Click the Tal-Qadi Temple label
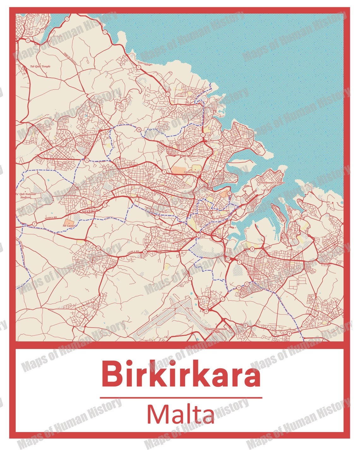click(40, 66)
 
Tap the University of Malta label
click(195, 172)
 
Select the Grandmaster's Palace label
click(272, 183)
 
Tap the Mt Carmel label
click(69, 226)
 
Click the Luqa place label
click(197, 298)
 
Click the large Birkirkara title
click(181, 374)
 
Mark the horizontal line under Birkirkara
click(181, 398)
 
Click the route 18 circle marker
click(139, 129)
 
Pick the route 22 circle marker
click(229, 193)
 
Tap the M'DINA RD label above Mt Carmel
click(51, 218)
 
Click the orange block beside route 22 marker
click(224, 194)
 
